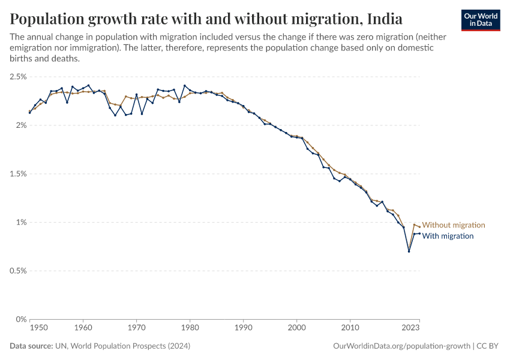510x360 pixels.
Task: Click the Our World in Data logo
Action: [481, 20]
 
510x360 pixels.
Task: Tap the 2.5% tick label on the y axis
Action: [18, 77]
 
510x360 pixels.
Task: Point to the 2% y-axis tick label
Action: [20, 125]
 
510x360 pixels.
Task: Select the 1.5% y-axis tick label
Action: [18, 174]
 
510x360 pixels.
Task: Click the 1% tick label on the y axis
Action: [20, 223]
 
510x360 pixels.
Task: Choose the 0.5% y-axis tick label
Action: [18, 271]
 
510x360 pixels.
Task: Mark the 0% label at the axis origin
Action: [20, 319]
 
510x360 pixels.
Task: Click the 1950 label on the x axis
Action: [39, 328]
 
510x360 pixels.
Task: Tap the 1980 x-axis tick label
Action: [190, 328]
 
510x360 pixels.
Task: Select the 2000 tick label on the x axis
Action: [297, 328]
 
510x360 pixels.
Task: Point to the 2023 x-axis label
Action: [410, 328]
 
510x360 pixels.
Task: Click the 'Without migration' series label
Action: [454, 225]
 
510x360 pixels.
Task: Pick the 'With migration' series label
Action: [448, 236]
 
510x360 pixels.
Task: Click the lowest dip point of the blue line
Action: [409, 251]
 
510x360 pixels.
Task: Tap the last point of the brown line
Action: [419, 226]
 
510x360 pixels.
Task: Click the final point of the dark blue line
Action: [419, 233]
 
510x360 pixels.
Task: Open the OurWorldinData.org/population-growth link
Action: [401, 347]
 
